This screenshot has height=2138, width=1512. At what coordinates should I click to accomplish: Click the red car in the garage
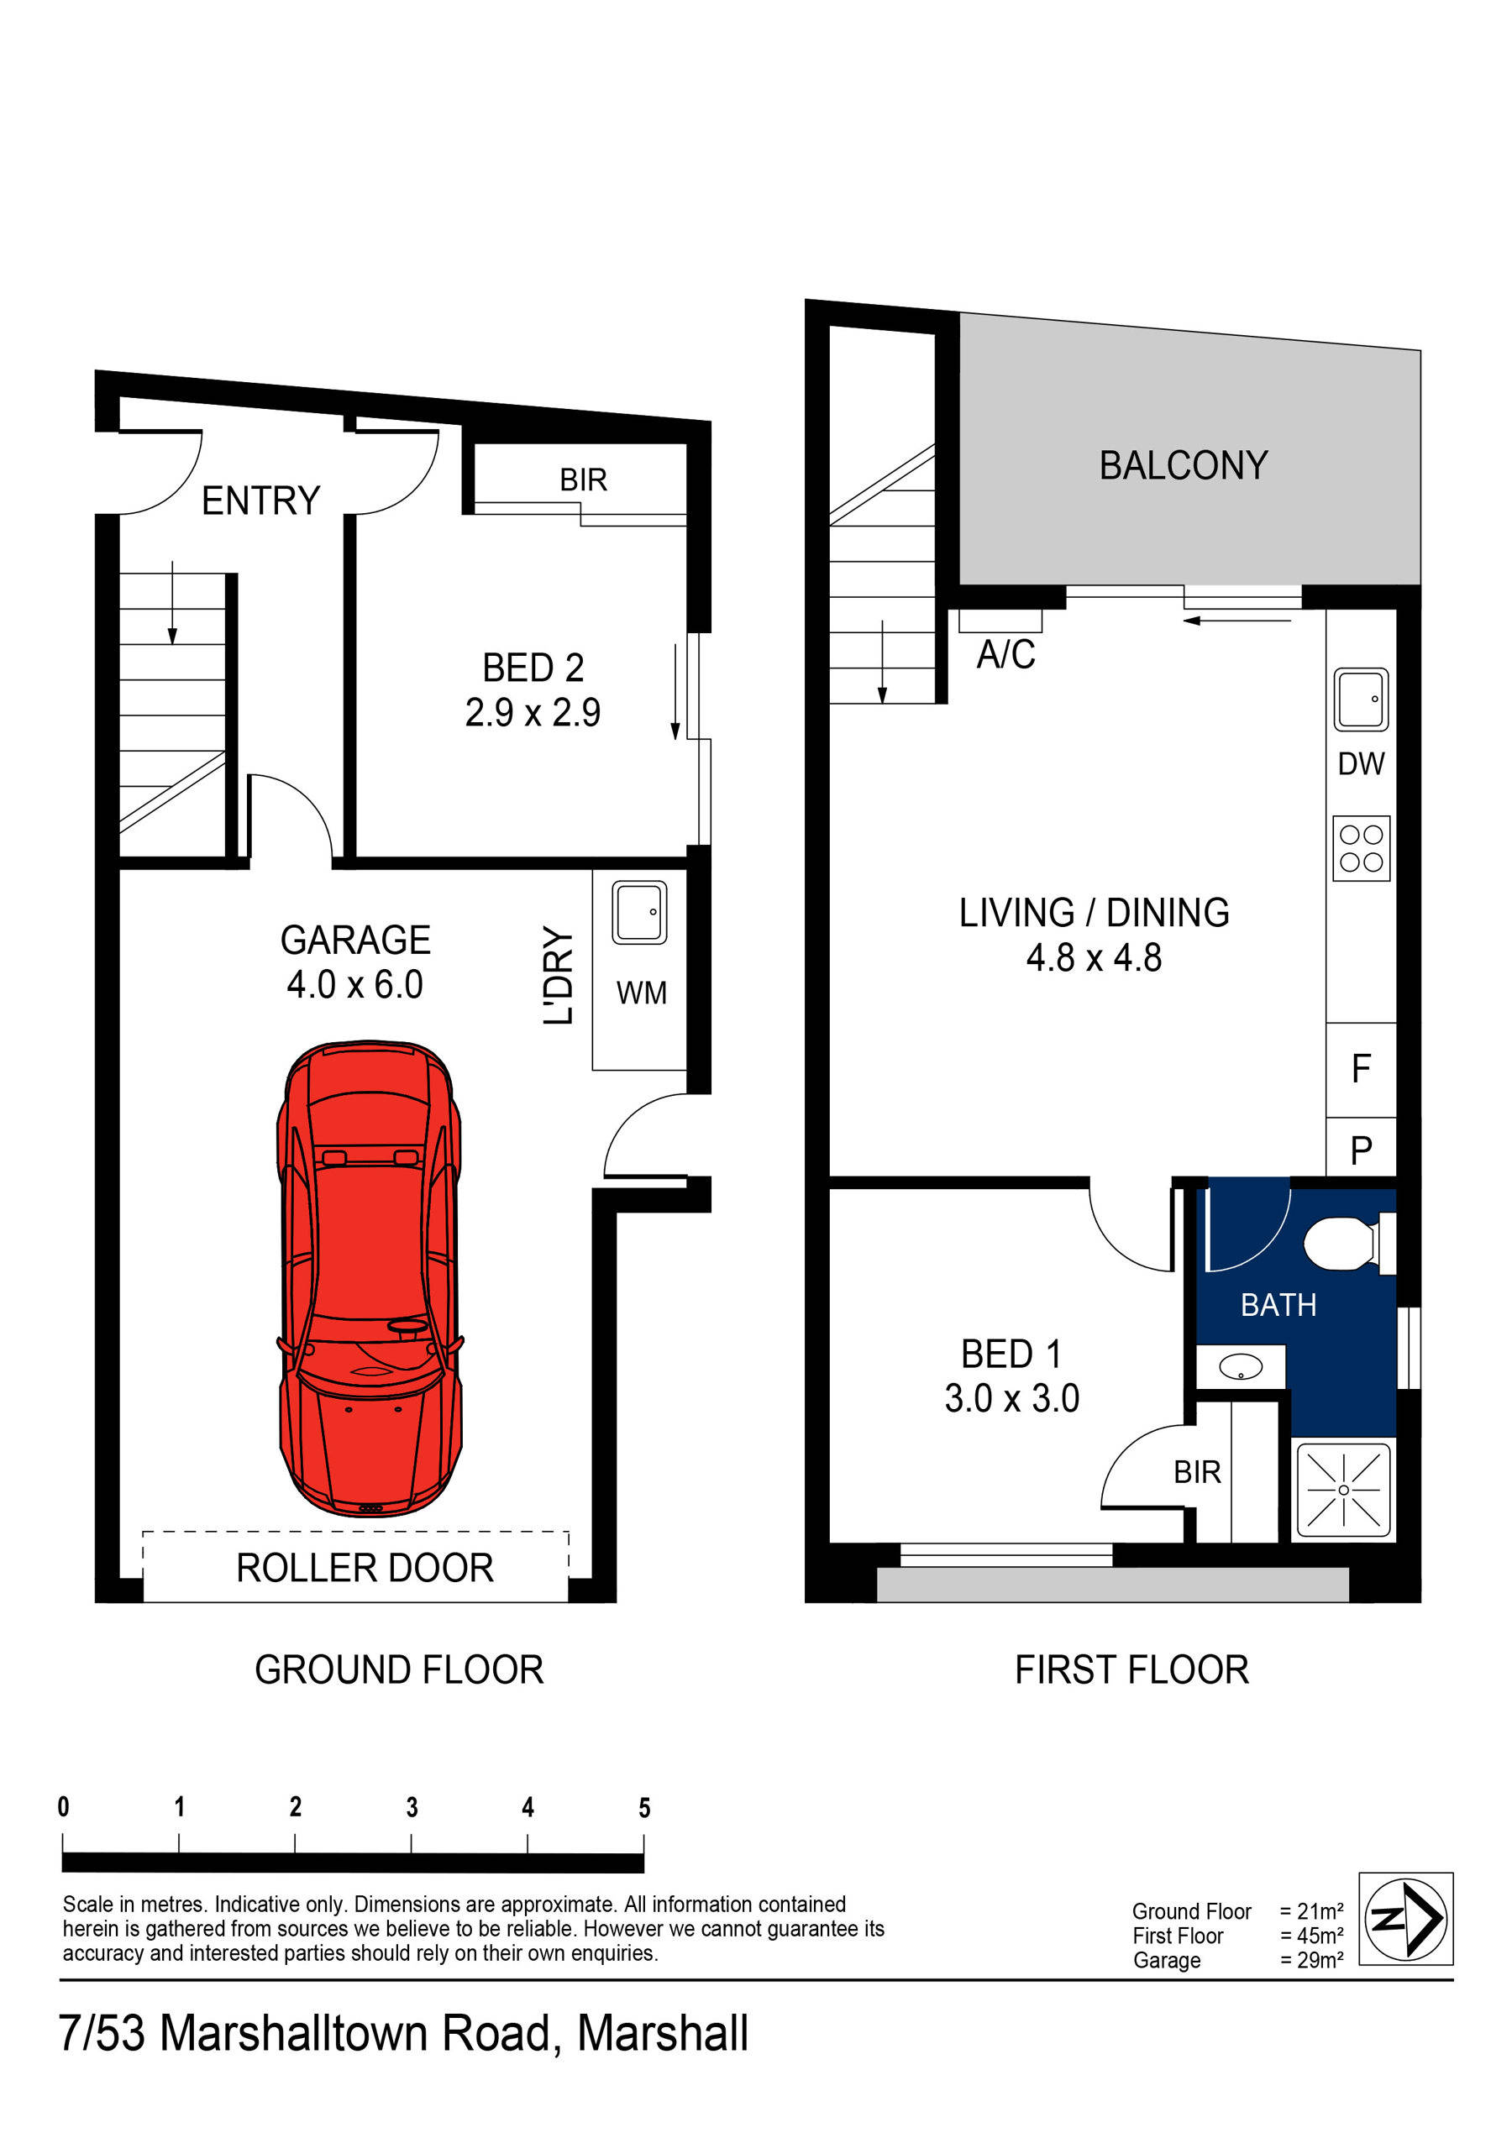370,1277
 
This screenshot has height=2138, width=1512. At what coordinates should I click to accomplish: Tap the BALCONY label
1184,465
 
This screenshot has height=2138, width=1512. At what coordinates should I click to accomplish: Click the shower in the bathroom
1342,1489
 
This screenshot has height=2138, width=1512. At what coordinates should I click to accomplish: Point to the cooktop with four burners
1360,847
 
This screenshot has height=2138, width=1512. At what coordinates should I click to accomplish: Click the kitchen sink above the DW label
1360,699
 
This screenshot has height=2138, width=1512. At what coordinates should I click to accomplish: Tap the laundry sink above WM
639,913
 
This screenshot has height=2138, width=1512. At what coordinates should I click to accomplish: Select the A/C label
1005,655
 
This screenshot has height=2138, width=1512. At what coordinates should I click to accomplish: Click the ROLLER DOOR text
365,1568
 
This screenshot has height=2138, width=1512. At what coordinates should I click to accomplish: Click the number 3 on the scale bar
412,1807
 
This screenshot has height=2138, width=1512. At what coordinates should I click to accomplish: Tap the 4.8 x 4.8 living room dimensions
1094,958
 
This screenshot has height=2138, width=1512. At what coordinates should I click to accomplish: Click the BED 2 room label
533,668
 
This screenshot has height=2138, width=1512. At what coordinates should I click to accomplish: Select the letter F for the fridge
1360,1068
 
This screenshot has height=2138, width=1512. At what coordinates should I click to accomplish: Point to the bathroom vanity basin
1241,1367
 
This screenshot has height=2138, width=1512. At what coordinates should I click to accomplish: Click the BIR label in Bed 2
583,479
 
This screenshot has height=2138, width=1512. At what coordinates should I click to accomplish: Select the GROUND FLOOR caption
399,1669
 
